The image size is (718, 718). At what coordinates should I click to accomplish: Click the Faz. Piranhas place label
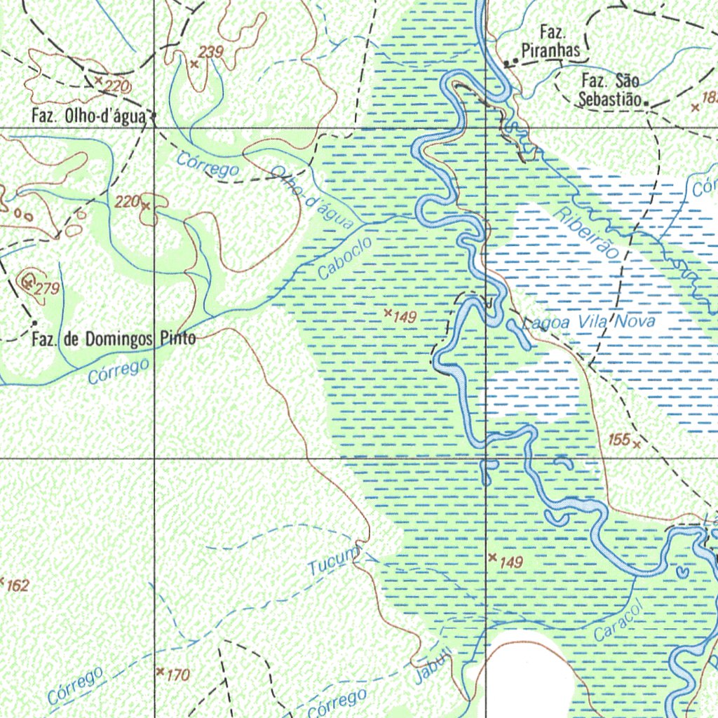(551, 41)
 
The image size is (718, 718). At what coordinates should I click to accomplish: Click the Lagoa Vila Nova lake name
(589, 323)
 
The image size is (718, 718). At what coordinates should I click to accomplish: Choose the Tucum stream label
(332, 562)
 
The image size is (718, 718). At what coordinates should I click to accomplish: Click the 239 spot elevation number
(210, 51)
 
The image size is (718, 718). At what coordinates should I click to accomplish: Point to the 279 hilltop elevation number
(49, 289)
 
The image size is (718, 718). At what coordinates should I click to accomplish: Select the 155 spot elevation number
(618, 440)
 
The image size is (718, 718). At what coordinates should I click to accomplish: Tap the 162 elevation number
(18, 585)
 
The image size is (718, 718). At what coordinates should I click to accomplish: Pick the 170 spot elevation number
(178, 675)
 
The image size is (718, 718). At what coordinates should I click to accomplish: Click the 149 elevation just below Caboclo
(405, 317)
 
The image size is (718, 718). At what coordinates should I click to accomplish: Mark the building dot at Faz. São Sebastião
(646, 106)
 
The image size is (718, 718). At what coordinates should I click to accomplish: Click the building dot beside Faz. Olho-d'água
(154, 116)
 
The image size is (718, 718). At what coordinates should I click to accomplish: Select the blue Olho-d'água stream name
(312, 198)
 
